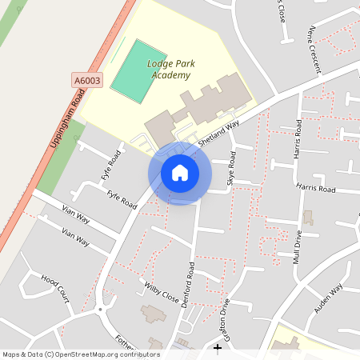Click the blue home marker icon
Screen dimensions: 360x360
click(x=180, y=173)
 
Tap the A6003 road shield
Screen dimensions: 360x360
click(x=88, y=80)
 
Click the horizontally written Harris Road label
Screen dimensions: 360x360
click(x=316, y=188)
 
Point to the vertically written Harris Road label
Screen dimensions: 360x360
click(x=298, y=138)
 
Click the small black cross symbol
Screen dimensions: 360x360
click(x=218, y=347)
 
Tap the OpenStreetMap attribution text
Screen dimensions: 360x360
click(x=82, y=354)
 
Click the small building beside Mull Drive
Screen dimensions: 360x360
click(x=308, y=218)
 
